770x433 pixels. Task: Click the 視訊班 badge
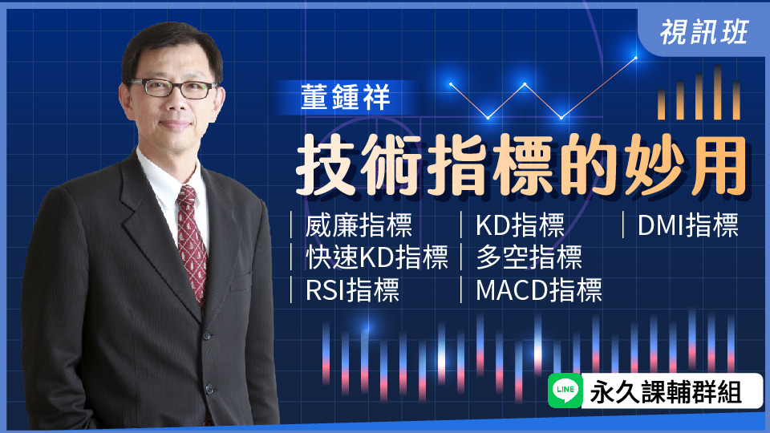pyautogui.click(x=704, y=30)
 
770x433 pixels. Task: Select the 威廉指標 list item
pyautogui.click(x=359, y=225)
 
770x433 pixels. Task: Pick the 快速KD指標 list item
pyautogui.click(x=376, y=257)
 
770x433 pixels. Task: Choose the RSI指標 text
pyautogui.click(x=352, y=289)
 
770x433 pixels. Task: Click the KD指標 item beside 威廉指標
pyautogui.click(x=520, y=225)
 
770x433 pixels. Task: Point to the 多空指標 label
pyautogui.click(x=529, y=257)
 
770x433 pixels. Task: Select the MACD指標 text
pyautogui.click(x=538, y=289)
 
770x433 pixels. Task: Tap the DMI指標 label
pyautogui.click(x=687, y=225)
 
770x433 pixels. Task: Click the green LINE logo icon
pyautogui.click(x=565, y=391)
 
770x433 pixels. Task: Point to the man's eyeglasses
pyautogui.click(x=170, y=87)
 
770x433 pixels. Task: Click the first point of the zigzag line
pyautogui.click(x=452, y=83)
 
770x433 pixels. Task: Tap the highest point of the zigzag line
pyautogui.click(x=635, y=58)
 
